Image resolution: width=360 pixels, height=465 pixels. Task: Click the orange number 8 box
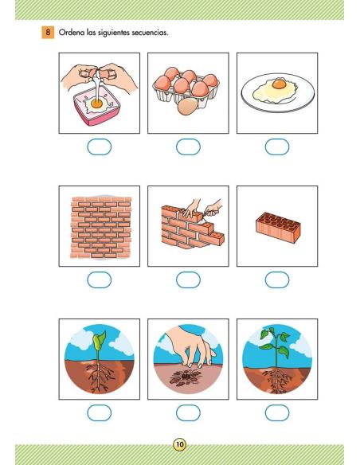tap(48, 33)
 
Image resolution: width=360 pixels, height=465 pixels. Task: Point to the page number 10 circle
tap(180, 444)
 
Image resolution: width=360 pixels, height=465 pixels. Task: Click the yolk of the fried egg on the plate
tap(279, 84)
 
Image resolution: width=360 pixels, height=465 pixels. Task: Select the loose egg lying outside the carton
tap(188, 107)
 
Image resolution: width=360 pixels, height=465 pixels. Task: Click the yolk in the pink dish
tap(96, 104)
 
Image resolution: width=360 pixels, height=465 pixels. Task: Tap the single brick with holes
tap(278, 228)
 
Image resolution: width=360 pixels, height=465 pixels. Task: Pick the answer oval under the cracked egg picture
tap(100, 147)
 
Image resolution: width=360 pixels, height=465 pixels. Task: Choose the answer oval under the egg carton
tap(188, 147)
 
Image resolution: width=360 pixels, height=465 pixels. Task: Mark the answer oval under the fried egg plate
tap(277, 147)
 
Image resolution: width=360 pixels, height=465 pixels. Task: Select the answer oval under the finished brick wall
tap(100, 280)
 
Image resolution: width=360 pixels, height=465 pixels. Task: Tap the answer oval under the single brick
tap(277, 280)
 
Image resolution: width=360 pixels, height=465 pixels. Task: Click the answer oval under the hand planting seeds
tap(188, 412)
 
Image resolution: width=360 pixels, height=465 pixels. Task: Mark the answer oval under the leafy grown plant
tap(277, 412)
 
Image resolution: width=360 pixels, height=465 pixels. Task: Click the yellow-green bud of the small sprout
tap(98, 342)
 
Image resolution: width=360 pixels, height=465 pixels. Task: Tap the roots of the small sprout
tap(99, 377)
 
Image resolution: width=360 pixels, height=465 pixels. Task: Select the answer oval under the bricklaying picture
tap(188, 280)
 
